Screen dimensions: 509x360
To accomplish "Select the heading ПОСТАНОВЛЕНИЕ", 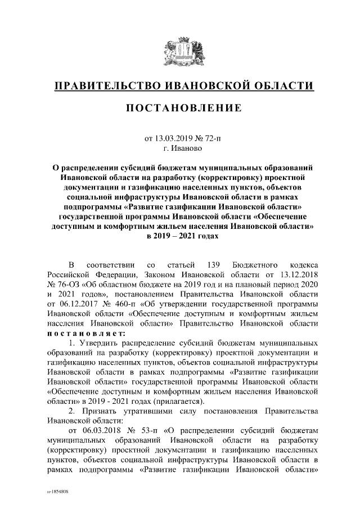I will coord(180,107).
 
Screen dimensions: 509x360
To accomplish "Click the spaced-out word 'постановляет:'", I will coord(86,334).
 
